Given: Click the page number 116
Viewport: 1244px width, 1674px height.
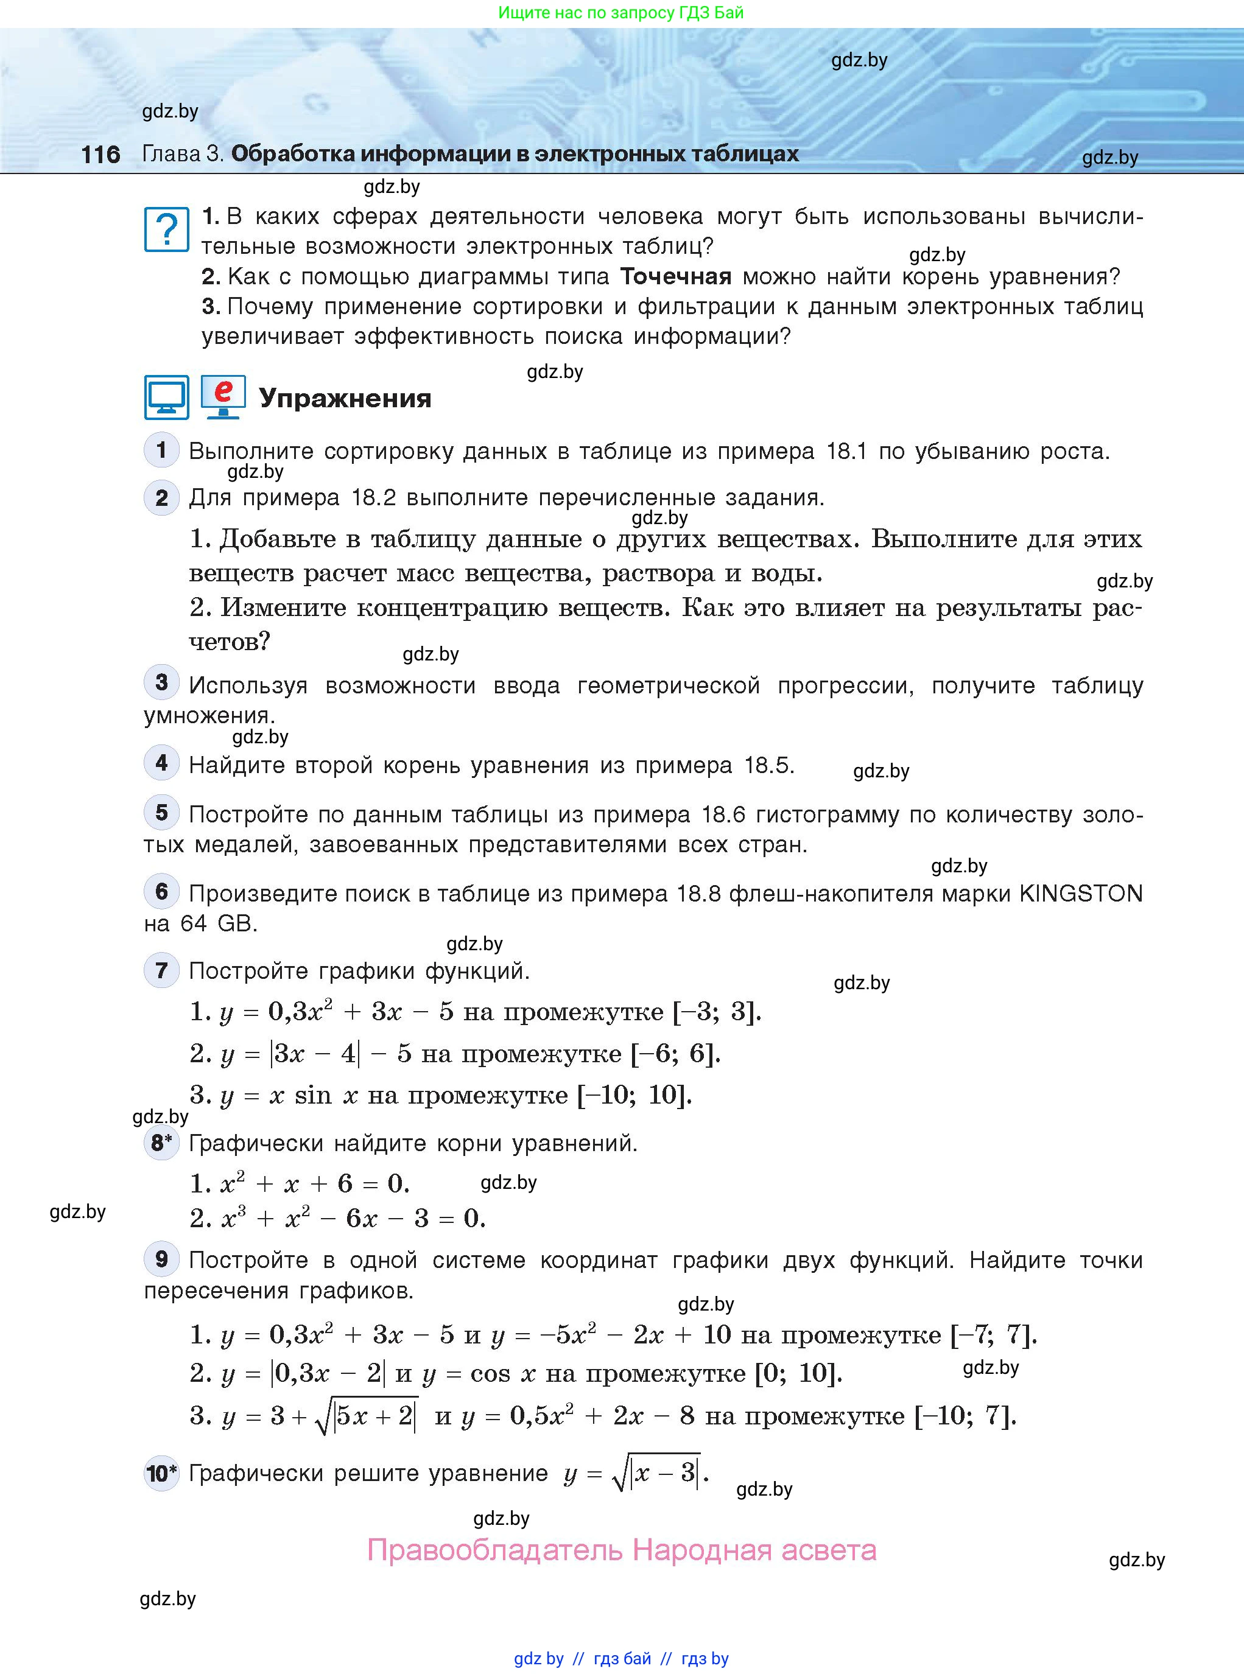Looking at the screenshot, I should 100,155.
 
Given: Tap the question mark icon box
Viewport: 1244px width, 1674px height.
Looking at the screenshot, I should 166,229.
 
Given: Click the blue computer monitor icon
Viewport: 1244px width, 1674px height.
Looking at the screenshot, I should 166,397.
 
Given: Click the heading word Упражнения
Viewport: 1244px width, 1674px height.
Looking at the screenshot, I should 345,398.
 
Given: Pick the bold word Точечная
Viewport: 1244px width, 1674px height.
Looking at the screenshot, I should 675,277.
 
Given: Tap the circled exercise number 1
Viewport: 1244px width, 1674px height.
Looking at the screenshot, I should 161,450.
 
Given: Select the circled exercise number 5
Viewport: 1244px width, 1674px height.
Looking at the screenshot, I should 161,813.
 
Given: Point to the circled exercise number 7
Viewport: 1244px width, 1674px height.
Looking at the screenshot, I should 161,970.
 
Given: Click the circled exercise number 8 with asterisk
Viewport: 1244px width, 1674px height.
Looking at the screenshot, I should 161,1143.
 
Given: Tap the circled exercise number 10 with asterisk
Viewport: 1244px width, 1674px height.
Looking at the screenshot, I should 161,1473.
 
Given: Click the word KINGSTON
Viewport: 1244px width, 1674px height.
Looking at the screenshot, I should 1081,894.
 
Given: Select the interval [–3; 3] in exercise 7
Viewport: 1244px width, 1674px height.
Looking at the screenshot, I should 715,1012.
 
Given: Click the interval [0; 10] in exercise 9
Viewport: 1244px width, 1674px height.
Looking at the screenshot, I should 798,1374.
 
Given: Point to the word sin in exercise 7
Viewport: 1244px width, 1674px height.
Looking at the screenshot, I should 312,1095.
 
